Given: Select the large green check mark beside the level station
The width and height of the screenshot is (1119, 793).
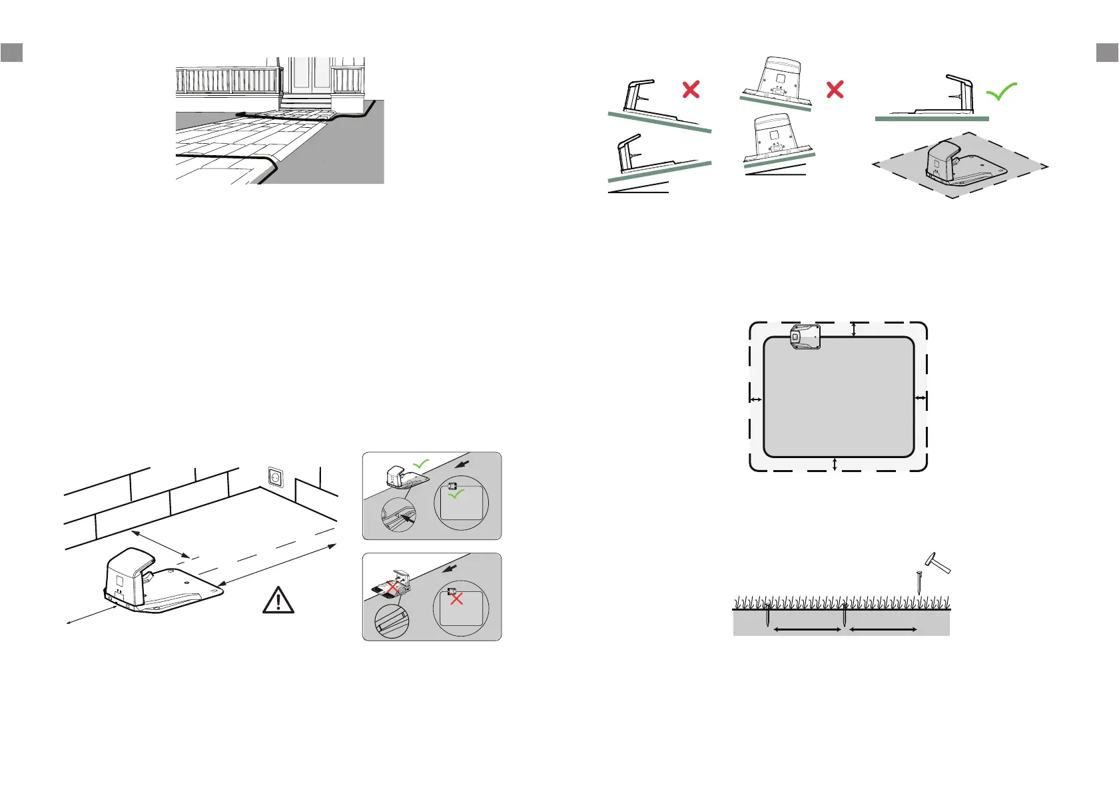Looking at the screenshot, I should [1001, 92].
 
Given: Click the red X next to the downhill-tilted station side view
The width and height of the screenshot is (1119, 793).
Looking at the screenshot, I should [691, 90].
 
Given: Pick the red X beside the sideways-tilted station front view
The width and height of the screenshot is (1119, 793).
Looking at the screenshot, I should [835, 89].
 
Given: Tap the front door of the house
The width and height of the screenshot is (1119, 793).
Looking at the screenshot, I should [310, 76].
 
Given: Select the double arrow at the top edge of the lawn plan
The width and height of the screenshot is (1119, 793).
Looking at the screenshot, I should [853, 330].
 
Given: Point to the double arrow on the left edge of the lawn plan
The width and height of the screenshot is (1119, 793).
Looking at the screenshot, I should [756, 399].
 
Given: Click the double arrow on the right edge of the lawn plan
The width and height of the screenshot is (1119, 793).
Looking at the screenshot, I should [920, 398].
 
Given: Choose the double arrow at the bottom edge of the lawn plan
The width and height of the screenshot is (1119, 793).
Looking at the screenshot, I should [835, 464].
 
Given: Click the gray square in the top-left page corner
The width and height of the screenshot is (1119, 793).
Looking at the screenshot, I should [12, 53].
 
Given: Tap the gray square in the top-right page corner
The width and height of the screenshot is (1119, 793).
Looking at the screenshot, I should [1107, 53].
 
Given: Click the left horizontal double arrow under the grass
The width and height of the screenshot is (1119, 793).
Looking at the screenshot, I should [807, 629].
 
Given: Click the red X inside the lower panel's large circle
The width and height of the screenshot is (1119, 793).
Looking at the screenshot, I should [456, 599].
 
